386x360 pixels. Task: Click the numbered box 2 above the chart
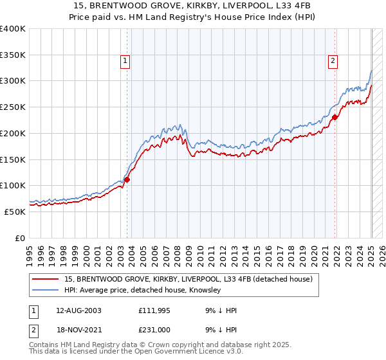coord(333,62)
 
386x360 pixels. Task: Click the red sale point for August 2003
coord(127,179)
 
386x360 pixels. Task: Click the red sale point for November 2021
coord(335,117)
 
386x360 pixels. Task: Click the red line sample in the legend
coord(45,279)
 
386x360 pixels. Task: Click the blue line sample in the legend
coord(45,291)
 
